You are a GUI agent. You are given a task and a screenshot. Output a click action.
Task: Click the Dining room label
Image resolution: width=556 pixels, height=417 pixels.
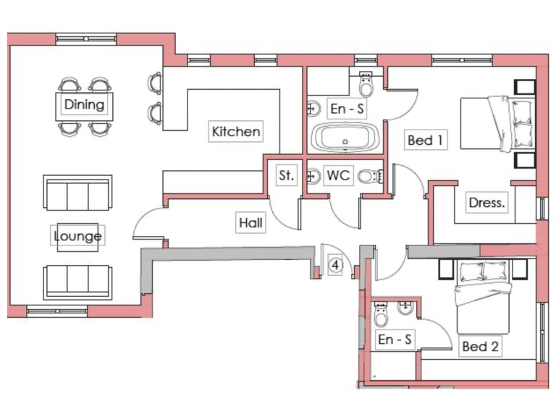[84, 104]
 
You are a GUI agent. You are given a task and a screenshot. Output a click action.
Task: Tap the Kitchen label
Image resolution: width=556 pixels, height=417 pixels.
[235, 132]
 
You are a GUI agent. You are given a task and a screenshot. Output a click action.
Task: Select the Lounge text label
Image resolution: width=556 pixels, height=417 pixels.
[77, 236]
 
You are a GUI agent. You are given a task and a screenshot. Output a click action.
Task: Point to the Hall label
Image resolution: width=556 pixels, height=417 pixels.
[250, 224]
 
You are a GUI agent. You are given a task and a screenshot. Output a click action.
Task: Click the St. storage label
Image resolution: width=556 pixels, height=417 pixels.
[286, 175]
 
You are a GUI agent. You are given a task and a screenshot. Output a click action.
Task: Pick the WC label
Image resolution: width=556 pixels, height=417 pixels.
[339, 175]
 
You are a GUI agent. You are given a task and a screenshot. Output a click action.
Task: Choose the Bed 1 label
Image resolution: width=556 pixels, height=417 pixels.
[425, 140]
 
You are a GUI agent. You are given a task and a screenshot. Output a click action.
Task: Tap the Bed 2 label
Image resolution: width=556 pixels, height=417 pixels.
[480, 347]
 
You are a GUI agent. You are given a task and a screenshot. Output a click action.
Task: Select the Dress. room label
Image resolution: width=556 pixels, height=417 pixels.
[486, 203]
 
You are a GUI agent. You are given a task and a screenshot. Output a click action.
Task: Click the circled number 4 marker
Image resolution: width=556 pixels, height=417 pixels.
[335, 265]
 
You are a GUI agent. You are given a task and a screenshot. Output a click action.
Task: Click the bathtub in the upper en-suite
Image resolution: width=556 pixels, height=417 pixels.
[345, 138]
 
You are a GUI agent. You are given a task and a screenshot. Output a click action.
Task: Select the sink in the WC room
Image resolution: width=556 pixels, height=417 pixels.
[313, 175]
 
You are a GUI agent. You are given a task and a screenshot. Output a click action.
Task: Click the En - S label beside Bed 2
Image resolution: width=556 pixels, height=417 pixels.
[395, 339]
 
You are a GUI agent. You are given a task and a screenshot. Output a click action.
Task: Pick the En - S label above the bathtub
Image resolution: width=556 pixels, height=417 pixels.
[346, 109]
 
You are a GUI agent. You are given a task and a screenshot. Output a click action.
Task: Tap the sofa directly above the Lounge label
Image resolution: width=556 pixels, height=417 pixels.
[77, 194]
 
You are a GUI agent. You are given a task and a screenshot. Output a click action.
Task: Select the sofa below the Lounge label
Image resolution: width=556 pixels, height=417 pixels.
[77, 281]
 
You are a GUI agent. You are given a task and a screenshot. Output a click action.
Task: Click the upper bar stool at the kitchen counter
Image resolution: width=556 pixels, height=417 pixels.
[155, 83]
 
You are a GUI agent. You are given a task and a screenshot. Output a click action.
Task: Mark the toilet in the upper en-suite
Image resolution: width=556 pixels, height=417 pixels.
[366, 87]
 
